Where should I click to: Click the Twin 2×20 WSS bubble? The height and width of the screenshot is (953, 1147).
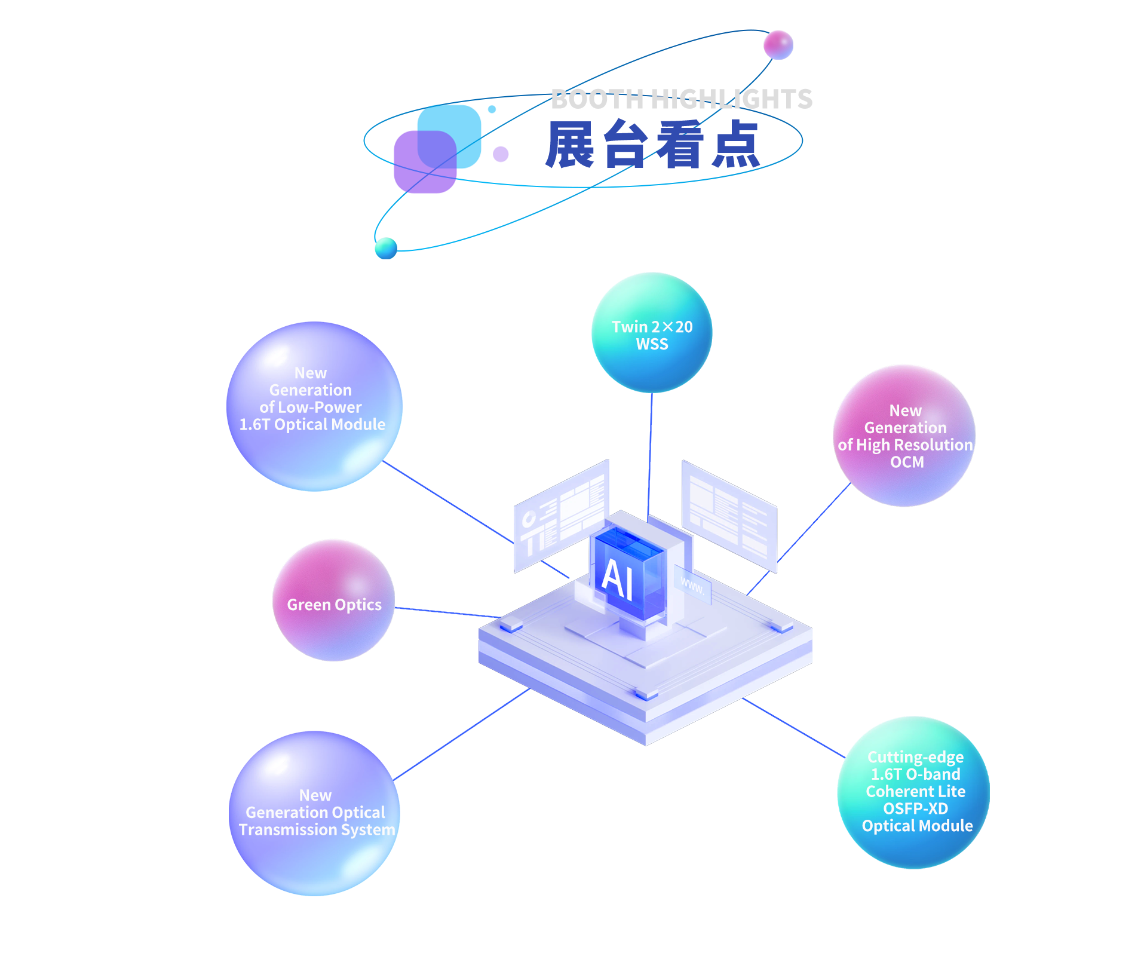tap(652, 333)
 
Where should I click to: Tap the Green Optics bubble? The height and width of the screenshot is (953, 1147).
tap(333, 600)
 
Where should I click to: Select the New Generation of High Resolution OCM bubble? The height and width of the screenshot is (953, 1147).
tap(904, 436)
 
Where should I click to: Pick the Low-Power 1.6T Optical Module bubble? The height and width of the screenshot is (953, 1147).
tap(314, 406)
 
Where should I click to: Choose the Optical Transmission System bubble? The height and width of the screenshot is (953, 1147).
tap(315, 813)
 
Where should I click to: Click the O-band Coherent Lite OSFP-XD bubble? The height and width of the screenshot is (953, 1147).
tap(914, 792)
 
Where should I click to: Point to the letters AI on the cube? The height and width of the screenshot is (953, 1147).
tap(618, 578)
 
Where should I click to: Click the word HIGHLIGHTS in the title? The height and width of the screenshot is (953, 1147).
tap(732, 99)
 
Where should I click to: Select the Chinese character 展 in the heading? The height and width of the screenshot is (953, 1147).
tap(571, 144)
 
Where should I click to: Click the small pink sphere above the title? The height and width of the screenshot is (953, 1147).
tap(778, 45)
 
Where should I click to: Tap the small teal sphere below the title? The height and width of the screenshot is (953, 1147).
tap(386, 248)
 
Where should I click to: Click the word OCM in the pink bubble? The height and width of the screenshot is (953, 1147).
tap(907, 462)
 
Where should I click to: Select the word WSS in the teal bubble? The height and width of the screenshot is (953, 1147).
tap(652, 344)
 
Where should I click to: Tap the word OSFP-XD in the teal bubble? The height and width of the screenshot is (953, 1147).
tap(915, 808)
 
